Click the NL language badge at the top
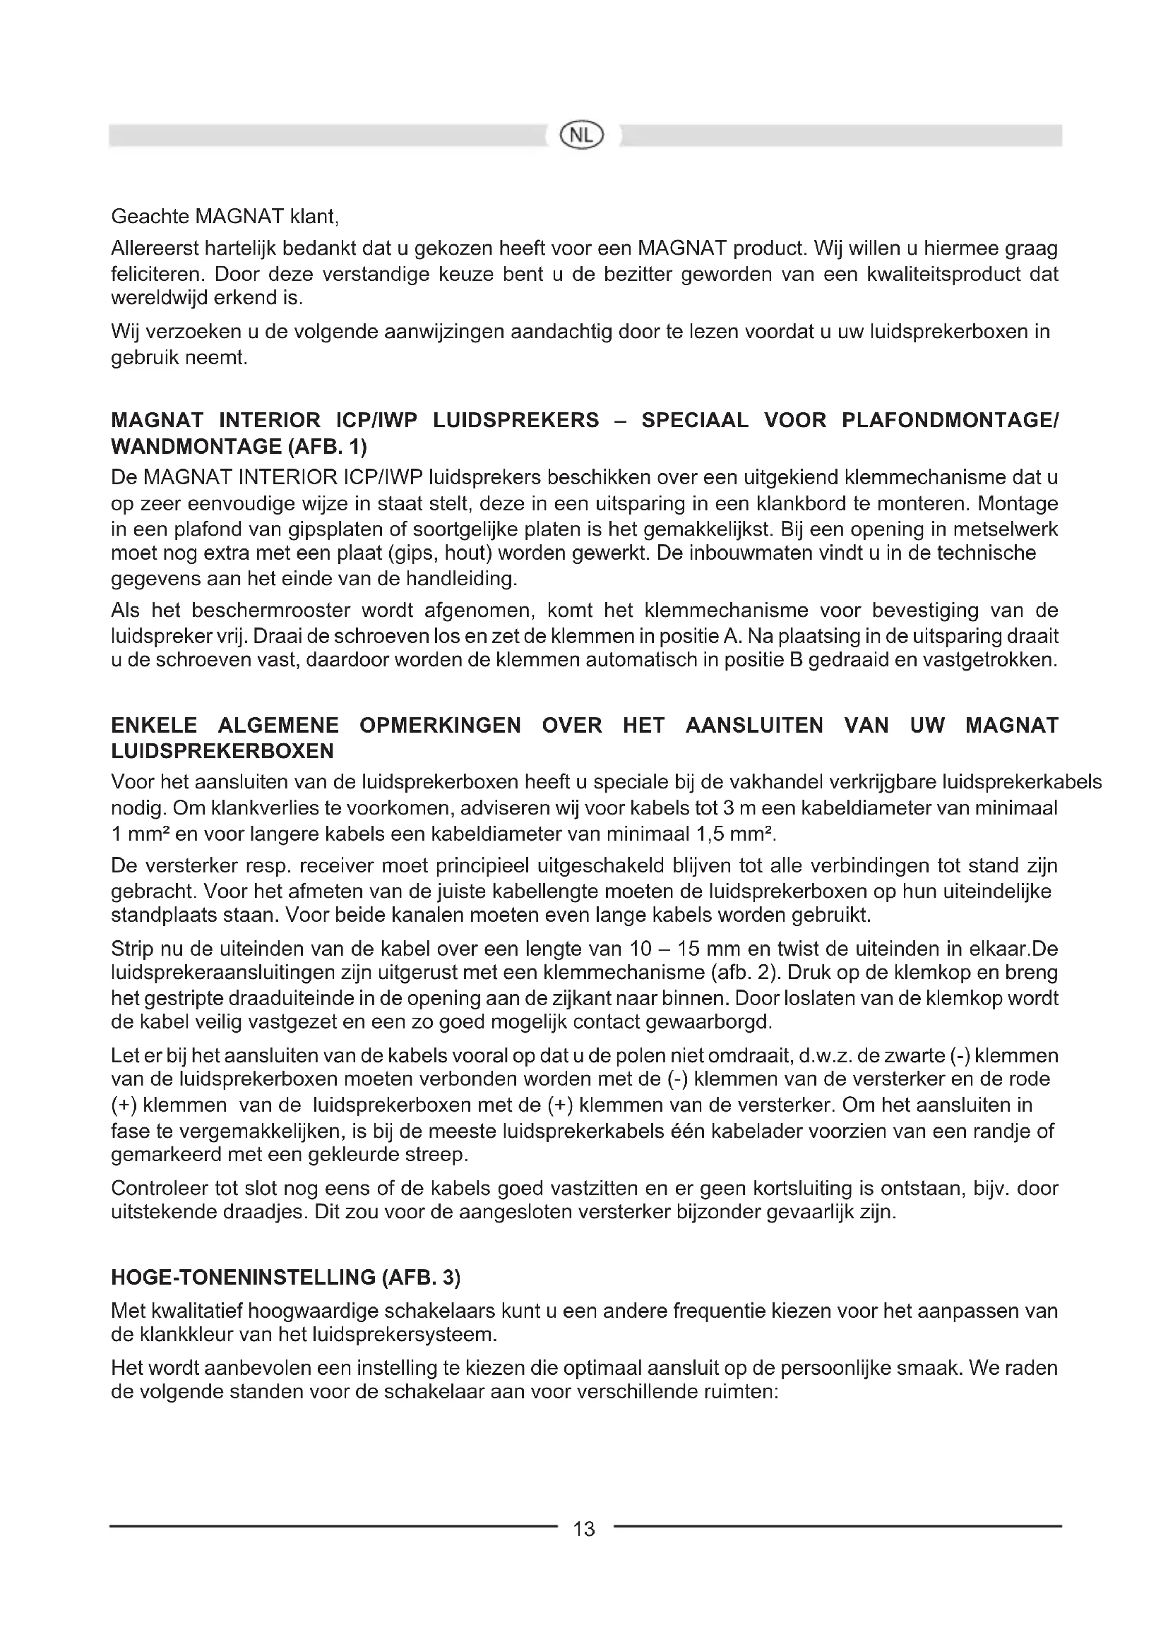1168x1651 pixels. (x=583, y=136)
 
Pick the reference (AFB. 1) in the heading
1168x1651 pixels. (x=328, y=447)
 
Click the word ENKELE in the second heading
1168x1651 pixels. (x=154, y=726)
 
